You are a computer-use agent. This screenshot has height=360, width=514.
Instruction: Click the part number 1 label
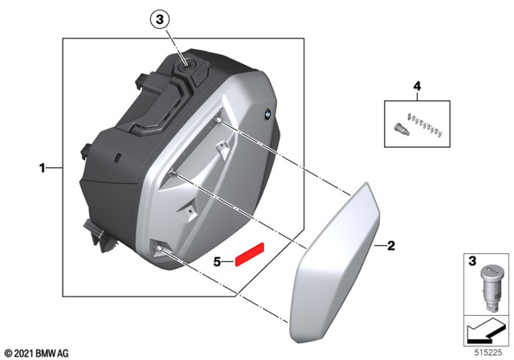[42, 168]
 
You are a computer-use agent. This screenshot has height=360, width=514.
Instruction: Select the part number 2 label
[391, 245]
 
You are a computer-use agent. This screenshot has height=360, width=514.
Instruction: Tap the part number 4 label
[417, 85]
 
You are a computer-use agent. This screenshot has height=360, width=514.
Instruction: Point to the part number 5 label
[218, 261]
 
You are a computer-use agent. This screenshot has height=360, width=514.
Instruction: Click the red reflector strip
[248, 255]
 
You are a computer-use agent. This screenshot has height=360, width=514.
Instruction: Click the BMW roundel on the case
[263, 116]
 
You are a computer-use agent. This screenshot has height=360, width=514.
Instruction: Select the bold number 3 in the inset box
[474, 262]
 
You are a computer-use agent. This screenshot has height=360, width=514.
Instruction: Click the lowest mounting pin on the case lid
[165, 250]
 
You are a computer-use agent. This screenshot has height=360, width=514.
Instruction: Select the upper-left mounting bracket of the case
[145, 80]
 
